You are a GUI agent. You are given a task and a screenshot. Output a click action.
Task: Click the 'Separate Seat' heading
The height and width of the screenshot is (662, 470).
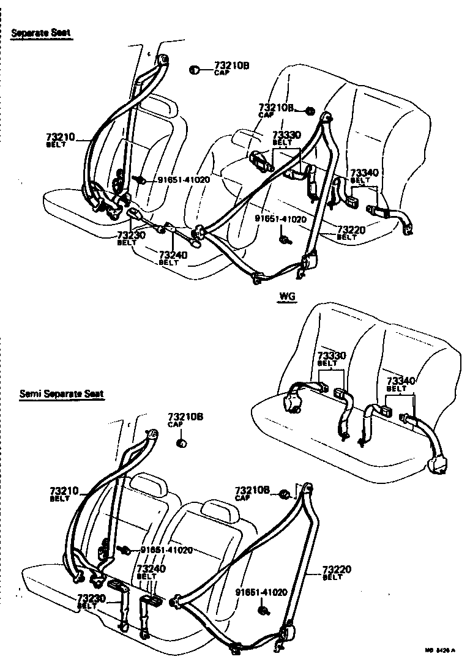42,34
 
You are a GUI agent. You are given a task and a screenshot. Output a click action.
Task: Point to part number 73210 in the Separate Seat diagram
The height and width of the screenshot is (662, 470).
59,137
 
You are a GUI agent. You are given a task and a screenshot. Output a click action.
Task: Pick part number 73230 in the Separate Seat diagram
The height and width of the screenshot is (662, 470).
131,235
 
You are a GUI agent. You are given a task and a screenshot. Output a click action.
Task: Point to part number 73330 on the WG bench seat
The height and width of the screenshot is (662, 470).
332,355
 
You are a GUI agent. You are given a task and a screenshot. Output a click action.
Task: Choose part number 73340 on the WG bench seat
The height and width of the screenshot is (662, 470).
401,381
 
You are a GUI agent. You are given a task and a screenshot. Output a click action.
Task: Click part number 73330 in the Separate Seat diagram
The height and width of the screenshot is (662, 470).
286,135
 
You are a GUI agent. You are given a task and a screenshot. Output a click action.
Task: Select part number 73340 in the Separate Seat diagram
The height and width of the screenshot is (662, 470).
365,173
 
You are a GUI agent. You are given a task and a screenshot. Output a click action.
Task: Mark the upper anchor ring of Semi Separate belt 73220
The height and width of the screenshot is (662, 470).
308,488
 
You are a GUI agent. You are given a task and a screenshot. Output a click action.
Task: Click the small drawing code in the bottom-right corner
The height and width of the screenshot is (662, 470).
447,650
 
